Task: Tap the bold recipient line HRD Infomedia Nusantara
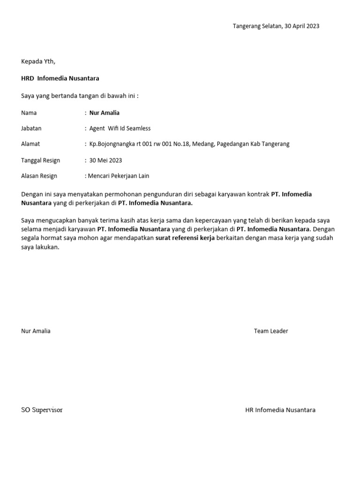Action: pos(60,78)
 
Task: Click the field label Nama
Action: pos(29,113)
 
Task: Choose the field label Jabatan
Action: pos(31,128)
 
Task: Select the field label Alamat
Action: pos(30,144)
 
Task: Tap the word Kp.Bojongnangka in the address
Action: pos(111,144)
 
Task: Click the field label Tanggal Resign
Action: pos(41,160)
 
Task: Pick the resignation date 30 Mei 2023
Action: pos(105,160)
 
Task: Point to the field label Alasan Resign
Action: pos(39,176)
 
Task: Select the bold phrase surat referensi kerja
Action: pos(185,239)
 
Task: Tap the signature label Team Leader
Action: pos(271,331)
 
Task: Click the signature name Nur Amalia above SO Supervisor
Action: pos(36,331)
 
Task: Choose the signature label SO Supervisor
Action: pos(42,410)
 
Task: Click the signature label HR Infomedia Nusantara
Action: pos(280,410)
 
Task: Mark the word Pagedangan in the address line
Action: pos(234,144)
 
